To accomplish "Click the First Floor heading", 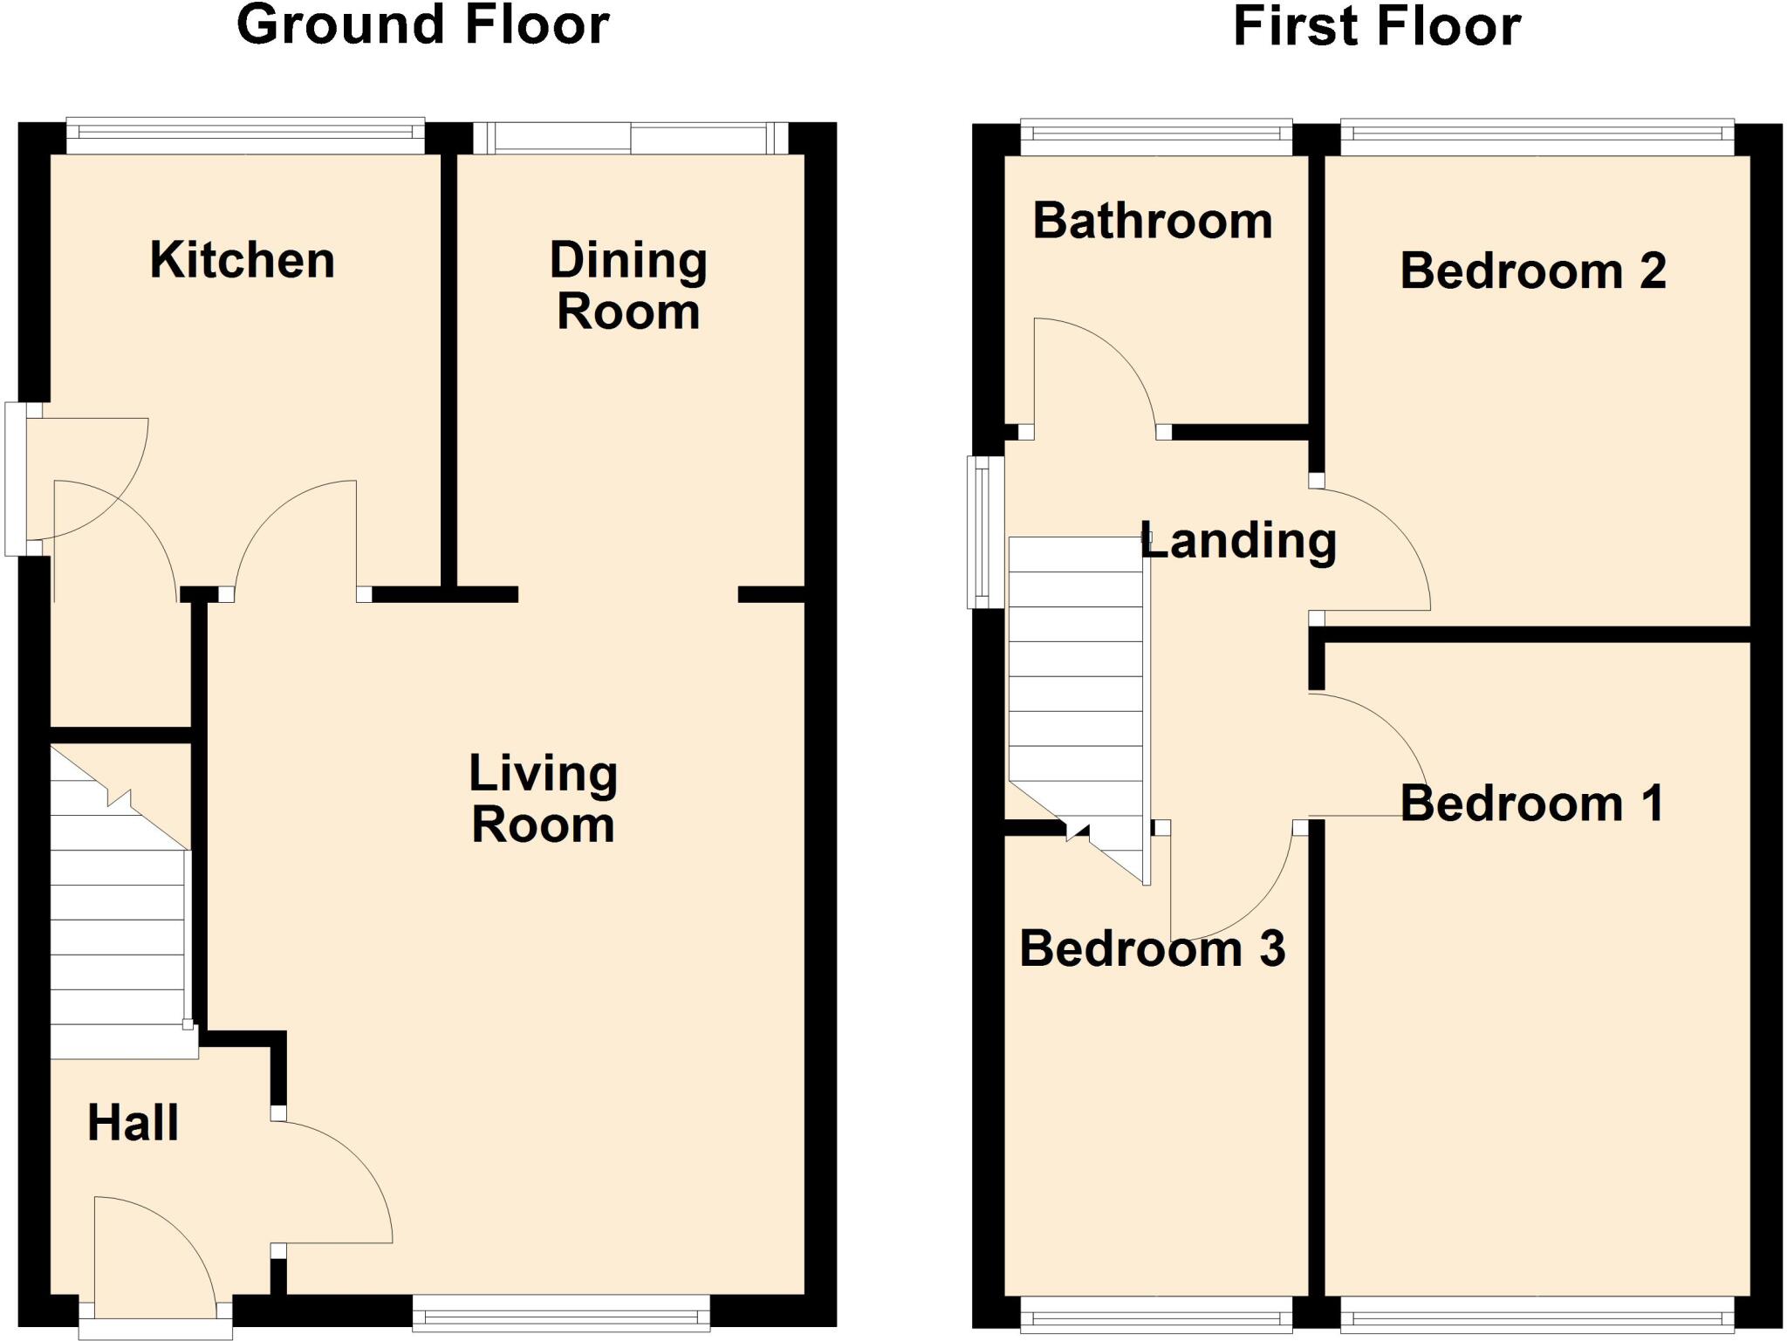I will pos(1376,26).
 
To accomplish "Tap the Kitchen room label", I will pos(242,260).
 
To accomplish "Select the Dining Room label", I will pos(628,286).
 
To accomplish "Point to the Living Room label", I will pos(543,798).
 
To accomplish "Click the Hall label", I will pos(133,1123).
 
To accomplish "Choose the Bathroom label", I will pos(1152,221).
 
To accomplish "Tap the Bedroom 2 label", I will pos(1532,270).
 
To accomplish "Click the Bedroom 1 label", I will pos(1531,804).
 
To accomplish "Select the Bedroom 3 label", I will pos(1152,948).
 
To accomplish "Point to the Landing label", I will pos(1238,541).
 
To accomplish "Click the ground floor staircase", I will pos(118,925).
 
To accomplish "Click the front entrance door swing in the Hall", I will pos(153,1252).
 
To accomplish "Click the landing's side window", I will pos(985,531).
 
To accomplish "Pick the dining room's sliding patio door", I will pos(630,138).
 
